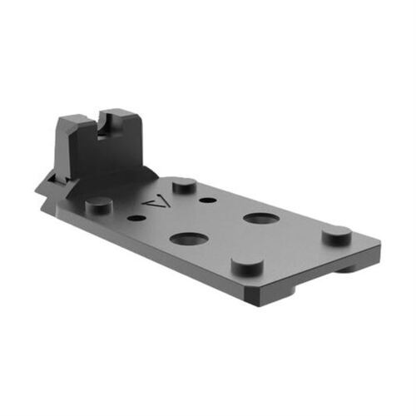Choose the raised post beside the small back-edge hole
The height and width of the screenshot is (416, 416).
click(184, 183)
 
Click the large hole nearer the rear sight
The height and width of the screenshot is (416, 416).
click(189, 239)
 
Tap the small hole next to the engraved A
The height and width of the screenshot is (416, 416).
click(136, 218)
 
